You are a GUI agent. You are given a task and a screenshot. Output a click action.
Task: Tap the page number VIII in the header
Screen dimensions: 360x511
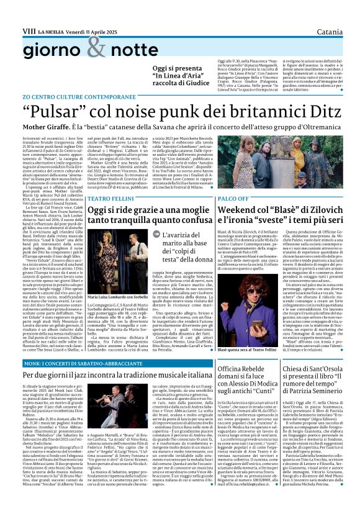pyautogui.click(x=29, y=12)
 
